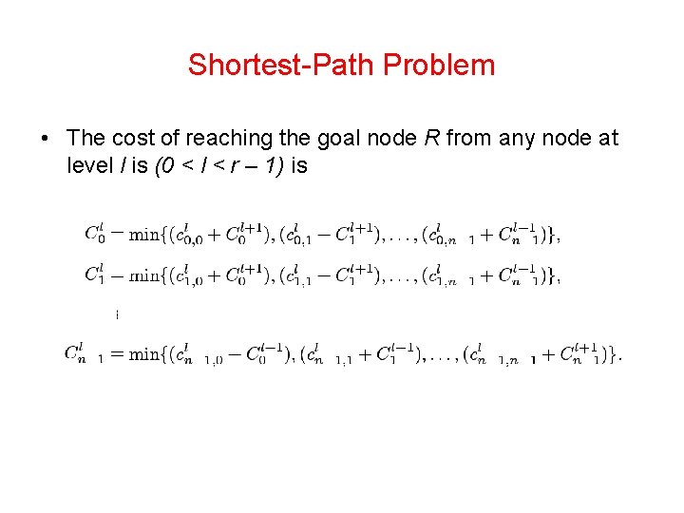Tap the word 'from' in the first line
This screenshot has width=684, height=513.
click(x=468, y=139)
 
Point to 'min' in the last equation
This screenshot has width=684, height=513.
click(x=144, y=354)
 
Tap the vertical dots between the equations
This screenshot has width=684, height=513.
click(x=117, y=313)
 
